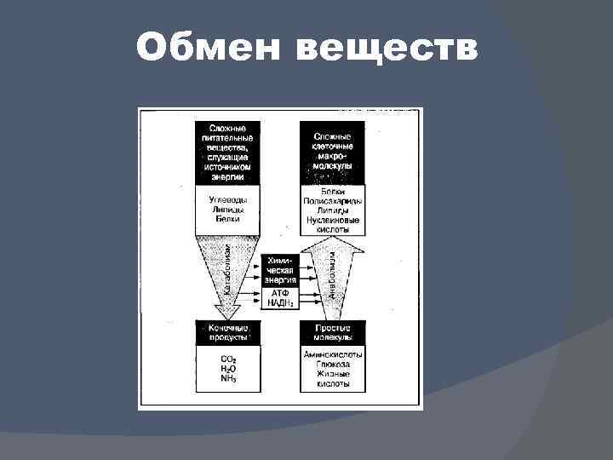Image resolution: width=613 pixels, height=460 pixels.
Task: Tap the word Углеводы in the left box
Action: (228, 198)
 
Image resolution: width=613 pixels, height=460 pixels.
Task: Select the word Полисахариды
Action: (332, 200)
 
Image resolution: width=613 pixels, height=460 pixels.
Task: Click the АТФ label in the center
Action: (280, 292)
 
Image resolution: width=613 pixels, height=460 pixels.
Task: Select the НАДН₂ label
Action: (280, 302)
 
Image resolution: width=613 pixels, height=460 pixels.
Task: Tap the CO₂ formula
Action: (228, 359)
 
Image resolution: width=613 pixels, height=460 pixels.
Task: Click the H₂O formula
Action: (228, 368)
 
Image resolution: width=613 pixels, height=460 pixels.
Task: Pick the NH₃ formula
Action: (228, 377)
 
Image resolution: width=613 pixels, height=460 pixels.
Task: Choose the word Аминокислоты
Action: (332, 354)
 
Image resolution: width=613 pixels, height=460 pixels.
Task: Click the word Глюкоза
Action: (332, 364)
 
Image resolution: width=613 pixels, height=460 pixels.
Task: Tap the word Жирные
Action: (332, 374)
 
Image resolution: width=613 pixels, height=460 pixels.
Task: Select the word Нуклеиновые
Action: (332, 221)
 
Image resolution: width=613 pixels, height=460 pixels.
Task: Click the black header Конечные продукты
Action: (228, 332)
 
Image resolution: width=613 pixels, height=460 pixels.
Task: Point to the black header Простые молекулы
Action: (332, 332)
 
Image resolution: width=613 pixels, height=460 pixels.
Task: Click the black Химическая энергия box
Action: (280, 268)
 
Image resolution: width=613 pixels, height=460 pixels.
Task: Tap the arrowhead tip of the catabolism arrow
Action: (228, 317)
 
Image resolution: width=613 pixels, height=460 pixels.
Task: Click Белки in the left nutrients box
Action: (228, 219)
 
